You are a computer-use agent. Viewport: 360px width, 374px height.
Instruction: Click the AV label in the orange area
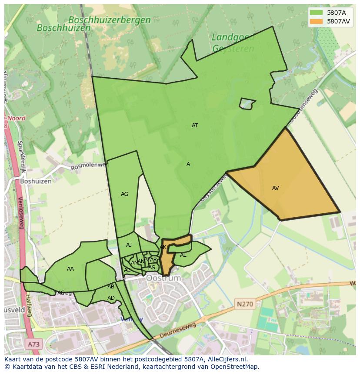click(275, 188)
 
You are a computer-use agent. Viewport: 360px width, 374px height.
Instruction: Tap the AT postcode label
click(195, 126)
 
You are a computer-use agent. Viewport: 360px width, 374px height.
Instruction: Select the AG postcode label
click(124, 194)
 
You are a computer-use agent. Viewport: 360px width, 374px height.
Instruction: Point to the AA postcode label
click(70, 269)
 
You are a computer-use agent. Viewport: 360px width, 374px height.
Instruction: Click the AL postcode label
click(183, 255)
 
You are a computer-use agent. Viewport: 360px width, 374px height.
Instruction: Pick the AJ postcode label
click(129, 245)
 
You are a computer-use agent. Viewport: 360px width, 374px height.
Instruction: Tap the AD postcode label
click(111, 298)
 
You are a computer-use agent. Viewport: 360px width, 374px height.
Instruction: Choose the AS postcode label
click(152, 268)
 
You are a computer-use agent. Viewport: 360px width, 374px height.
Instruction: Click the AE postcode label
click(127, 270)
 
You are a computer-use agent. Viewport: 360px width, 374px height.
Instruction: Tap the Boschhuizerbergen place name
click(110, 20)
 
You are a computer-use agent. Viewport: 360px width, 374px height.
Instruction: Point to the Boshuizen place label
click(36, 181)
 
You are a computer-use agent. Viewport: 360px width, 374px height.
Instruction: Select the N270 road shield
click(245, 304)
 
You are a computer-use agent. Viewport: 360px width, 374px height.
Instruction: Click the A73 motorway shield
click(33, 344)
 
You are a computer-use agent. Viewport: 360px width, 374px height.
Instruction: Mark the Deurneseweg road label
click(178, 331)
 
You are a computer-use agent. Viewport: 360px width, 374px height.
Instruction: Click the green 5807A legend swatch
click(316, 13)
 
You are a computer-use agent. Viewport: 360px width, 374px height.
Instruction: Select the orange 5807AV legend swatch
click(316, 21)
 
